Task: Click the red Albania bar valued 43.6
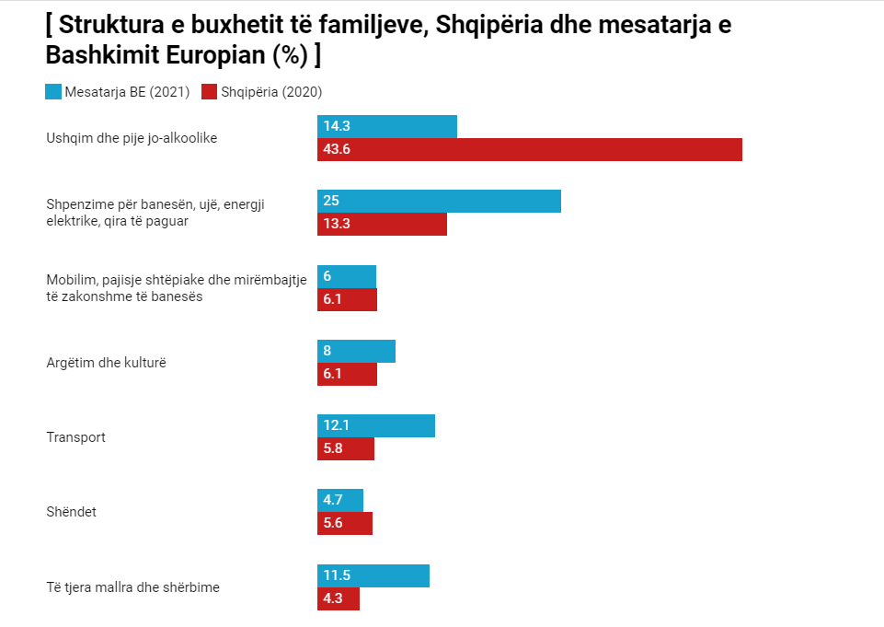529,149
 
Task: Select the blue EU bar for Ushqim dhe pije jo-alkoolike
386,126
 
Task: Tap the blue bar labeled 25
439,201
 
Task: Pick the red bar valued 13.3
382,224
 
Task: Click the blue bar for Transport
375,425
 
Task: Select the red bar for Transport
346,448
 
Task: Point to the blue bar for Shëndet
340,500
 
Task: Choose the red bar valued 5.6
345,523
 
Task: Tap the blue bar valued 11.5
373,575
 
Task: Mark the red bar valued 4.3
339,598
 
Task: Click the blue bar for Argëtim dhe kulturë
356,351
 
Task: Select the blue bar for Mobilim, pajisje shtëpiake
347,276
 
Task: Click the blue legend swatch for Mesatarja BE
53,91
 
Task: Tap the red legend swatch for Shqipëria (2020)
208,91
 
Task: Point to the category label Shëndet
72,512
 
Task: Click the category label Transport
76,437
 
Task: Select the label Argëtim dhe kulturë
107,363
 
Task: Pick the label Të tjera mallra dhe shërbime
133,586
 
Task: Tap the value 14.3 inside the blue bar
337,126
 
